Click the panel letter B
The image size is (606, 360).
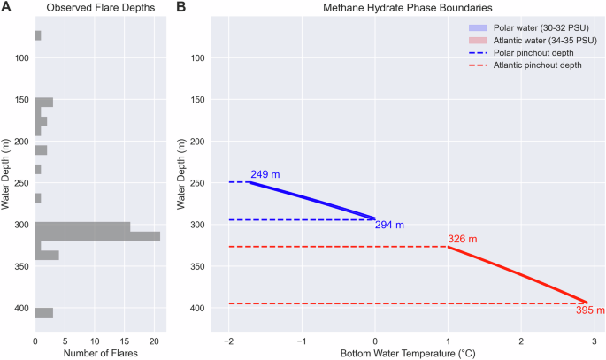pyautogui.click(x=181, y=7)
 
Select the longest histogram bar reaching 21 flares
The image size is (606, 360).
pyautogui.click(x=97, y=236)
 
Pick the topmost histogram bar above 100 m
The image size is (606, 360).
pyautogui.click(x=38, y=35)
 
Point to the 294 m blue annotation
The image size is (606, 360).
pyautogui.click(x=389, y=226)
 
